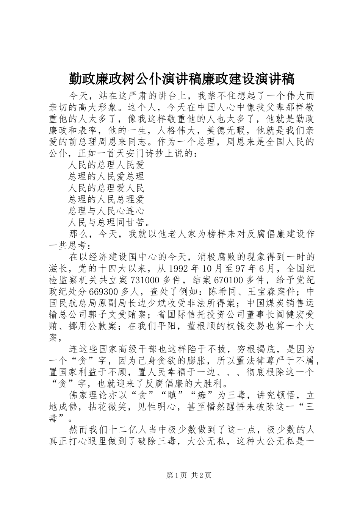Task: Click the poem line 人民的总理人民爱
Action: [106, 165]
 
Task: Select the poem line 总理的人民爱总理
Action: [106, 176]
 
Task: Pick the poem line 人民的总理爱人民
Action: [106, 188]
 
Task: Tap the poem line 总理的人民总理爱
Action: [106, 199]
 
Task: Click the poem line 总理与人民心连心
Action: [106, 211]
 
